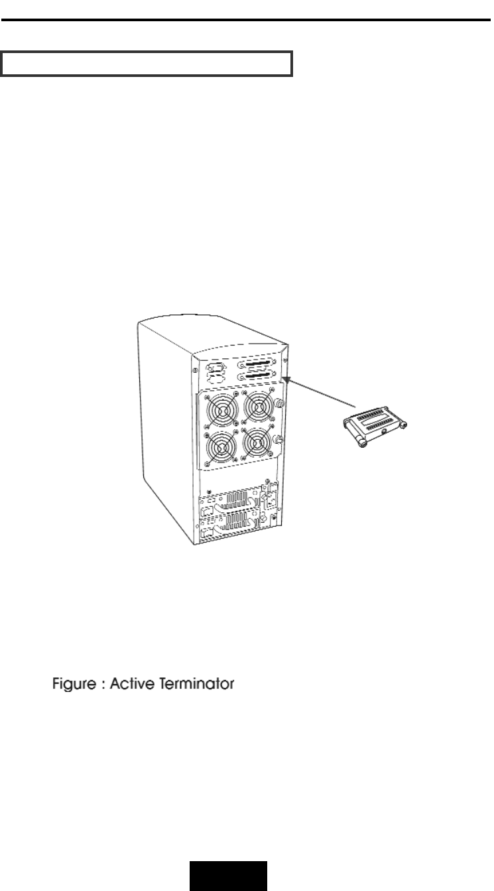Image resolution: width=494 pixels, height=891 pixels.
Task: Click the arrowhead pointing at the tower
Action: pos(285,377)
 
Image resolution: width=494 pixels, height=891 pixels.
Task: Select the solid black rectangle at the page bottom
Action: pos(229,876)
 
